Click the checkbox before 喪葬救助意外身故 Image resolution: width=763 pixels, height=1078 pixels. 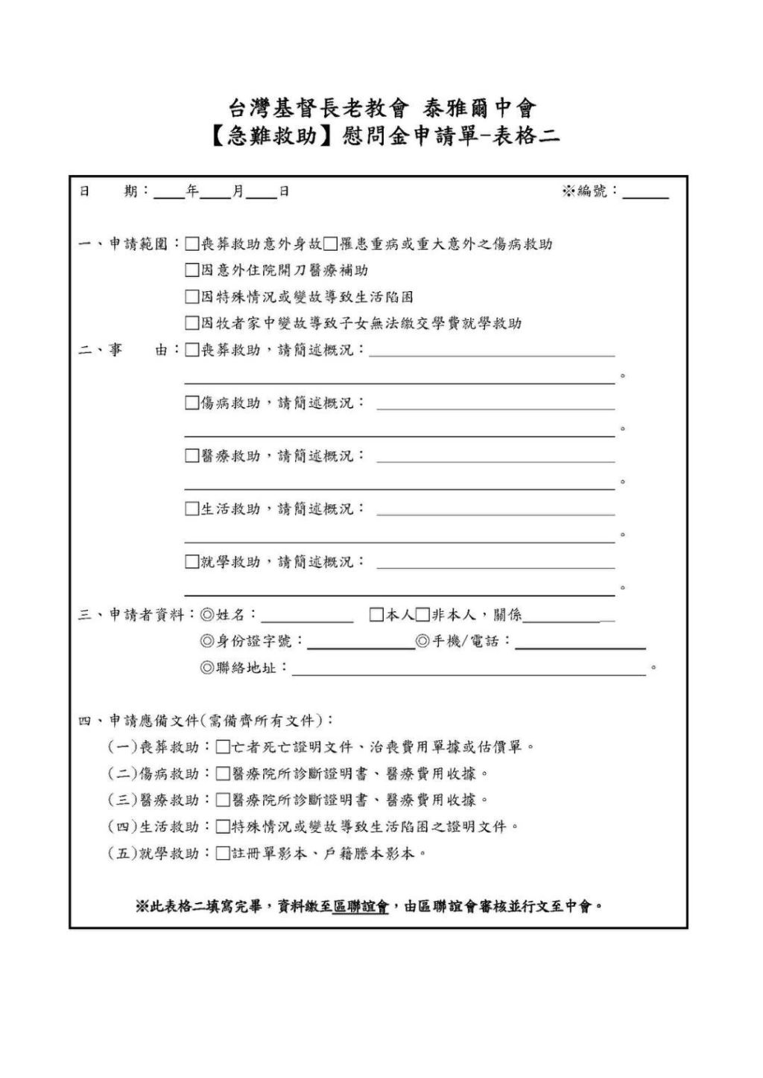click(192, 244)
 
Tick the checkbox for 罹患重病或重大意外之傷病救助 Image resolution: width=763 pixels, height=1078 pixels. click(330, 244)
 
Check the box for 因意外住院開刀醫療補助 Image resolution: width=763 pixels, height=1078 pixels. click(192, 270)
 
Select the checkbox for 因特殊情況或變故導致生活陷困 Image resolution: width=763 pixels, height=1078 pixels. click(192, 297)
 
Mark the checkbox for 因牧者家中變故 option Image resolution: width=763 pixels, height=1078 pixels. click(192, 323)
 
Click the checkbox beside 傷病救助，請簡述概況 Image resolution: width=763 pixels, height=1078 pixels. click(192, 403)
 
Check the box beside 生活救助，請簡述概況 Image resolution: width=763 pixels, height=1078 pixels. click(192, 509)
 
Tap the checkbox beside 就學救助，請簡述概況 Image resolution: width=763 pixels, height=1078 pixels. click(192, 562)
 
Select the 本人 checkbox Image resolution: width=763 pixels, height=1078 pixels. click(377, 615)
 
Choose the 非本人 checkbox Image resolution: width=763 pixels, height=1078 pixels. click(422, 615)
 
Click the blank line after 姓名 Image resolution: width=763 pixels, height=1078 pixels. click(307, 616)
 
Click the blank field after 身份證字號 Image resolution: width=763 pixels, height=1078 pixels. click(361, 643)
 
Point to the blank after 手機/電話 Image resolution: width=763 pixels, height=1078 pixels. click(580, 643)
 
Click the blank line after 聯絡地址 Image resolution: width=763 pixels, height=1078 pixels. click(468, 670)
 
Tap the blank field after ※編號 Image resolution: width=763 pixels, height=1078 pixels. click(645, 194)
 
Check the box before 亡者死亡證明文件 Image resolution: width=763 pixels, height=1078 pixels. click(223, 747)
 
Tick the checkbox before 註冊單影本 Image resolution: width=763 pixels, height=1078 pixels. click(223, 853)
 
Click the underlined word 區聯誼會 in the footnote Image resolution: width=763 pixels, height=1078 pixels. click(361, 907)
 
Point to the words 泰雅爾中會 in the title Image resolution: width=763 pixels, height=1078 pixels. click(480, 109)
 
